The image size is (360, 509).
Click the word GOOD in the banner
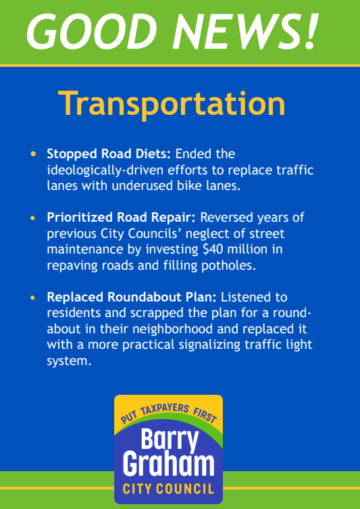(x=88, y=32)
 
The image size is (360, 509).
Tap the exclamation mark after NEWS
(x=309, y=32)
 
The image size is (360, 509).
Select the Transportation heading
(x=172, y=104)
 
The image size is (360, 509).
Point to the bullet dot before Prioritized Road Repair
(x=34, y=218)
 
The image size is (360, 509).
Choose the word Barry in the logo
(x=170, y=441)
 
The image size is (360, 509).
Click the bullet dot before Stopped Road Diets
(x=34, y=154)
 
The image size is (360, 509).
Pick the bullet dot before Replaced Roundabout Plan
(x=34, y=297)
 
